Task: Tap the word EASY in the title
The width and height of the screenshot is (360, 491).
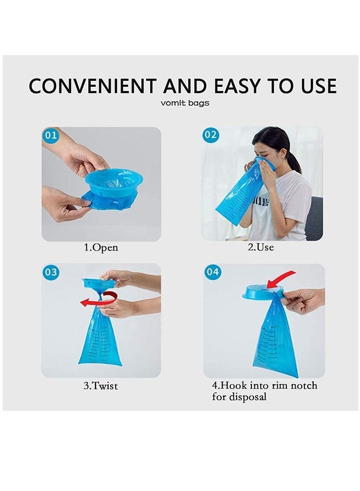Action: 240,86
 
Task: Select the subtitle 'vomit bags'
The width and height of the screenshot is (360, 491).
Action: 185,103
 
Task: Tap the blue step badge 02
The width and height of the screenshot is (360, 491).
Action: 211,135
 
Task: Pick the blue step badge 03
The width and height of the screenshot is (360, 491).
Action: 51,273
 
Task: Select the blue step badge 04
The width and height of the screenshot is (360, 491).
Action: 213,272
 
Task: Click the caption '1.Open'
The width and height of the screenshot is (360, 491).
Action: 100,247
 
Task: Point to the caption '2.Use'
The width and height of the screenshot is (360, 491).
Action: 261,247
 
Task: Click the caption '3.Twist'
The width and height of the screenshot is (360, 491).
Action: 100,386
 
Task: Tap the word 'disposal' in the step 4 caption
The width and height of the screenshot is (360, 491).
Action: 239,397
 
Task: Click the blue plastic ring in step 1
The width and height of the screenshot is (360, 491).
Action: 113,181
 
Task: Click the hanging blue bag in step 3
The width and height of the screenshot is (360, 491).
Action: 100,338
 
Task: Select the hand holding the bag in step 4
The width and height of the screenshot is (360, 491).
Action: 303,300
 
